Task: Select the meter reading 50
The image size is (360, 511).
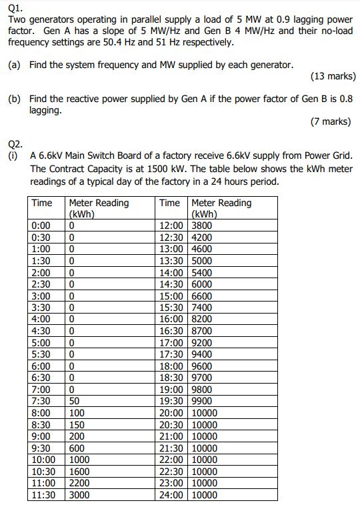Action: click(75, 402)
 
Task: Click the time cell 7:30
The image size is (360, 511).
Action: click(42, 402)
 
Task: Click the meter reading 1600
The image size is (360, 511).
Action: click(79, 472)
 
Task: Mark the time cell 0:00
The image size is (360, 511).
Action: click(42, 225)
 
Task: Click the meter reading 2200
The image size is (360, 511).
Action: click(79, 483)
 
